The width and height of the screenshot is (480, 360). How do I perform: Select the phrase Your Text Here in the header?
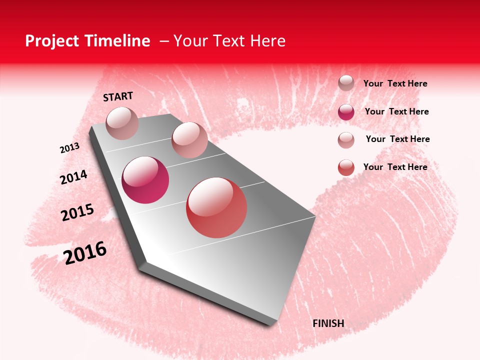coord(229,41)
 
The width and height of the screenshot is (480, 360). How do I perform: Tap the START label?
coord(118,96)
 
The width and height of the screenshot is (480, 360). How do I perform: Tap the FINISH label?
coord(328,323)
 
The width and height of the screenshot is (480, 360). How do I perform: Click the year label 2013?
coord(69,148)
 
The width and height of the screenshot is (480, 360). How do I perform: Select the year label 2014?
coord(73,177)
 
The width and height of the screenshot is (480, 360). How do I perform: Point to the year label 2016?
coord(85,253)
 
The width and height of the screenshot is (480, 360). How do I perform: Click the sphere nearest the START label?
coord(122,123)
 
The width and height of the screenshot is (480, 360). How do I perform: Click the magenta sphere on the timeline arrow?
coord(145,180)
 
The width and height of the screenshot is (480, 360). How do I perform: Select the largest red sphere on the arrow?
coord(216,207)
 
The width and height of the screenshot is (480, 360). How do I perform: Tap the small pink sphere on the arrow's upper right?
coord(189,140)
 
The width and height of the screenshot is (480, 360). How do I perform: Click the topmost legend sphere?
coord(346,83)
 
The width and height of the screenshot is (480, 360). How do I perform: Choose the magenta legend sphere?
coord(346,112)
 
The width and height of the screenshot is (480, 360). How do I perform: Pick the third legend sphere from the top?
coord(346,140)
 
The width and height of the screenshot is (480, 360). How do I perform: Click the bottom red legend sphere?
coord(346,167)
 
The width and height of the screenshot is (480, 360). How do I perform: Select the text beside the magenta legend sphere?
coord(397,111)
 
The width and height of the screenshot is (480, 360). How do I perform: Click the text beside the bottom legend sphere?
coord(395,167)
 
